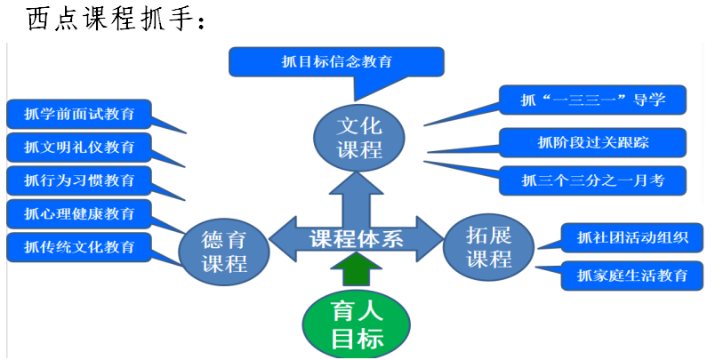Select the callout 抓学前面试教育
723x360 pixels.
coord(79,115)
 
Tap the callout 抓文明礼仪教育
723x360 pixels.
coord(79,147)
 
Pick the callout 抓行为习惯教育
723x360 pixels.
coord(79,180)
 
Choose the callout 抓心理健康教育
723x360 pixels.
coord(79,213)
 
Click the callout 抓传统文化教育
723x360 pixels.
coord(79,246)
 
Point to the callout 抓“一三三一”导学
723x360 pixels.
coord(593,100)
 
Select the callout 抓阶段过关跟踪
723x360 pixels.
coord(593,142)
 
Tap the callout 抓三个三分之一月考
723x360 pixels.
coord(593,180)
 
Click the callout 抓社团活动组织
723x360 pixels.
coord(632,237)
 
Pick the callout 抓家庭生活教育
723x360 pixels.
coord(632,275)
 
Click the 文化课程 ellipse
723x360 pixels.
coord(359,136)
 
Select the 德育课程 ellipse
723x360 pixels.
coord(223,251)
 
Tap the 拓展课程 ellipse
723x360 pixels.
coord(489,246)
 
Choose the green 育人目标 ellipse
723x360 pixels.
coord(357,325)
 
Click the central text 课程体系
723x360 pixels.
coord(355,238)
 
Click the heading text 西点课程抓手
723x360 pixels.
coord(116,18)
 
